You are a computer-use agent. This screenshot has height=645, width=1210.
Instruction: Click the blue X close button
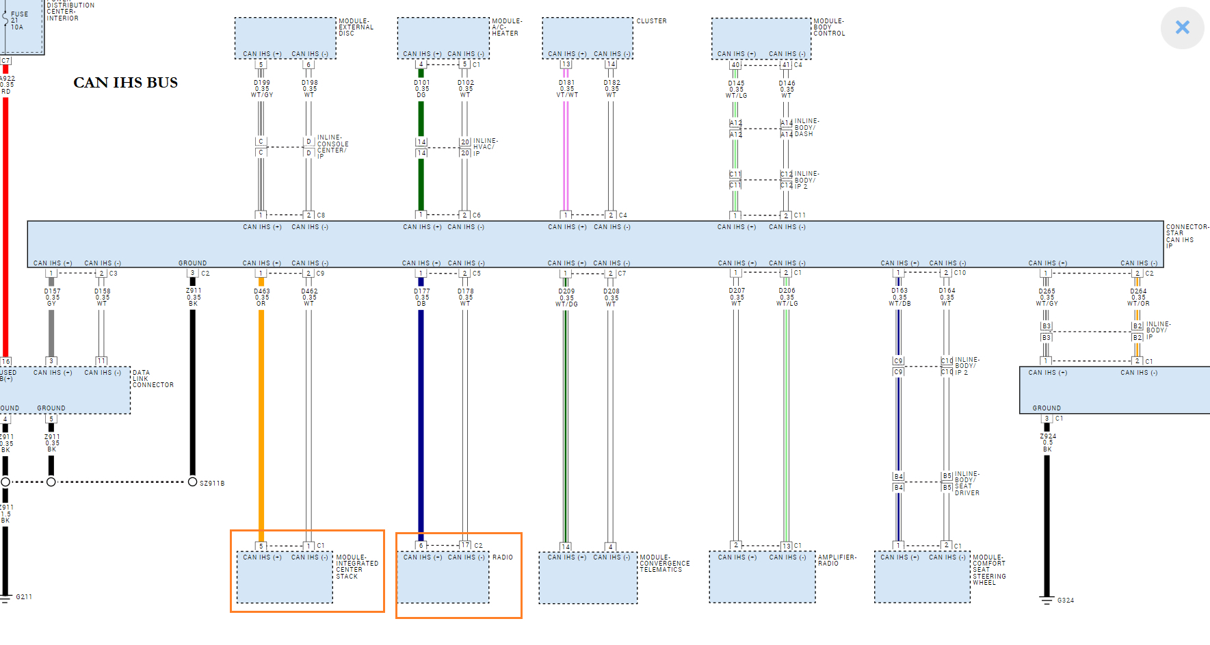[x=1182, y=27]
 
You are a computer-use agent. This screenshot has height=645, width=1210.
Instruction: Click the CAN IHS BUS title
[x=125, y=83]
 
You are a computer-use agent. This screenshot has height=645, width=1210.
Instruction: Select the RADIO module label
[x=502, y=557]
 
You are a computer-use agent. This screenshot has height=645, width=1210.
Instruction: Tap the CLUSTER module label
[x=651, y=21]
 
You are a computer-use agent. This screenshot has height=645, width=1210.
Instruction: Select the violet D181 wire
[x=566, y=157]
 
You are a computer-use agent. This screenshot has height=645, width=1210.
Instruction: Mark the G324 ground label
[x=1065, y=601]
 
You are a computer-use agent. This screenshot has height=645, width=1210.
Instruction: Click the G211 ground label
[x=24, y=597]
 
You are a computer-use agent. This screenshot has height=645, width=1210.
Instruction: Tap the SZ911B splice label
[x=212, y=484]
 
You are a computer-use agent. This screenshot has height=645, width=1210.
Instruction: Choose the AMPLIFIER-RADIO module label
[x=837, y=560]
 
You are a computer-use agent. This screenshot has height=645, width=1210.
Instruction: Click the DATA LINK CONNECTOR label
[x=153, y=379]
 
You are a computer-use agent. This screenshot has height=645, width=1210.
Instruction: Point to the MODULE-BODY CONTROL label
[x=829, y=27]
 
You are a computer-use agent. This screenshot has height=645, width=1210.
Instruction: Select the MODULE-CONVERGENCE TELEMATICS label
[x=664, y=564]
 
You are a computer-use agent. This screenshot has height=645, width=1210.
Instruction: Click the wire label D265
[x=1047, y=291]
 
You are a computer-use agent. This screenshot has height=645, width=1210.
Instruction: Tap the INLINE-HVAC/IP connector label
[x=485, y=147]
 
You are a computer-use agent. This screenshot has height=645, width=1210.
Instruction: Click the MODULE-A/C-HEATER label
[x=506, y=27]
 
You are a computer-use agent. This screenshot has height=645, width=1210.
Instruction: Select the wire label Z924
[x=1047, y=436]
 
